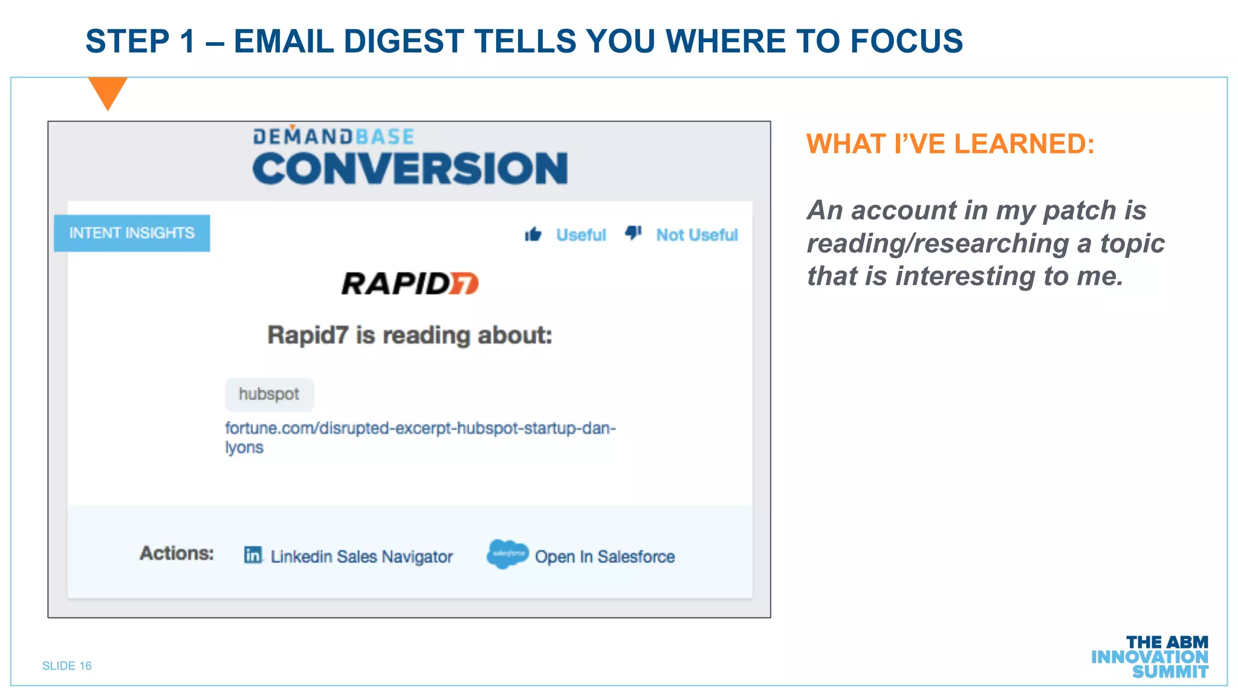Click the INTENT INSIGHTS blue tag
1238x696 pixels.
[132, 233]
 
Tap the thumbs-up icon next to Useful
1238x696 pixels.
[533, 234]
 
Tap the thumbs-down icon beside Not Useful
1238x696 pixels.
[633, 233]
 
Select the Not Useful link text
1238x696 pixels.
[697, 234]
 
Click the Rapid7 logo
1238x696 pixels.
[410, 283]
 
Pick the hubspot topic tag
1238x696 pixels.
[269, 394]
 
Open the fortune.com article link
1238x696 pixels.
[420, 429]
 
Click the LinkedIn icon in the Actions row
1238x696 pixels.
[253, 555]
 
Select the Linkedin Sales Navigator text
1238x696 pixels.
[361, 556]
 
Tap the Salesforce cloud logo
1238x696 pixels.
[507, 553]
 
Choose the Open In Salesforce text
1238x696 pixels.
[604, 556]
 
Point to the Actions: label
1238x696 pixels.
[177, 553]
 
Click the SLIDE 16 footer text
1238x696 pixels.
[67, 666]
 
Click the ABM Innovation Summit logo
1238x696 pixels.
[1150, 657]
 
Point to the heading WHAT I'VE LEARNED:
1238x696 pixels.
[950, 144]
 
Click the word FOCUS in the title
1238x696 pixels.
[906, 41]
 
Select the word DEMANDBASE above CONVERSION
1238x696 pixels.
[334, 137]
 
